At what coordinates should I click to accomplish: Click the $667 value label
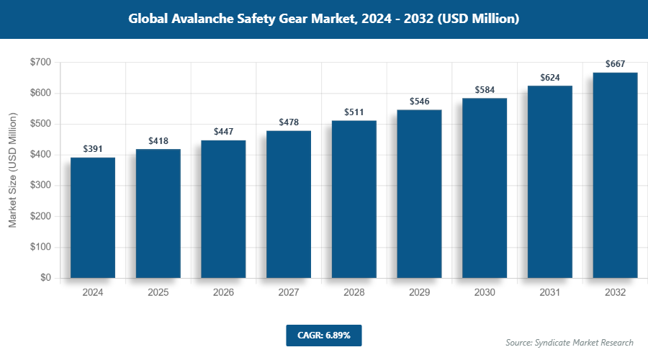616,64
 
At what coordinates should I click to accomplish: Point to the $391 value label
93,149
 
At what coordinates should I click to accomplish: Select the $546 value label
419,102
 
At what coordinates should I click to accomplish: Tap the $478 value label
289,122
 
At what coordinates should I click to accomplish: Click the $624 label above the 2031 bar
550,77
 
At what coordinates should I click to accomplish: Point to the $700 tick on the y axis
40,63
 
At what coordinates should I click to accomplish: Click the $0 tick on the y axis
45,278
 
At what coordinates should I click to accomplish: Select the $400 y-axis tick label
40,155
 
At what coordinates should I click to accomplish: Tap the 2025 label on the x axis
158,292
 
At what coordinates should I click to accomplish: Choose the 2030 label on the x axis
485,292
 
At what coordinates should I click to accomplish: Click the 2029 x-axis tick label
419,292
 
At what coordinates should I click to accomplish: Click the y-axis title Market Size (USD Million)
12,170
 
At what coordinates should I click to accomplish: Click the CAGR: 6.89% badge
323,335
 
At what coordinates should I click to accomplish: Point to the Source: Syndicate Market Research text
570,342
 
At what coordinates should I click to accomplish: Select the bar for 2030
485,188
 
